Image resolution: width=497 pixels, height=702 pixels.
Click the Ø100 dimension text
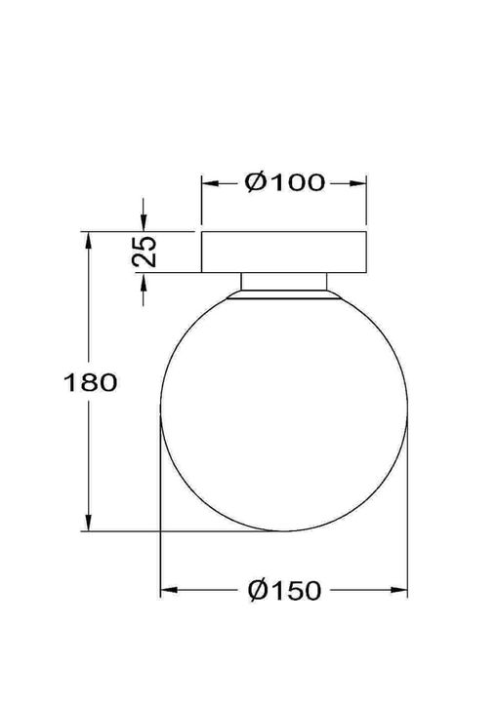[x=284, y=182]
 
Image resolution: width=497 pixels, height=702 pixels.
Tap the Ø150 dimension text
[x=284, y=590]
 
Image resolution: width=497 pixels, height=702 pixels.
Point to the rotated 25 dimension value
[x=145, y=252]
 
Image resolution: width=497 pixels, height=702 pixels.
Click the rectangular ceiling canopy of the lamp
[x=283, y=252]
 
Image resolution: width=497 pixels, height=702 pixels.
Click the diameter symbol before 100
[x=256, y=182]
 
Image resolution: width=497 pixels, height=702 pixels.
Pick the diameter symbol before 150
[x=258, y=590]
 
